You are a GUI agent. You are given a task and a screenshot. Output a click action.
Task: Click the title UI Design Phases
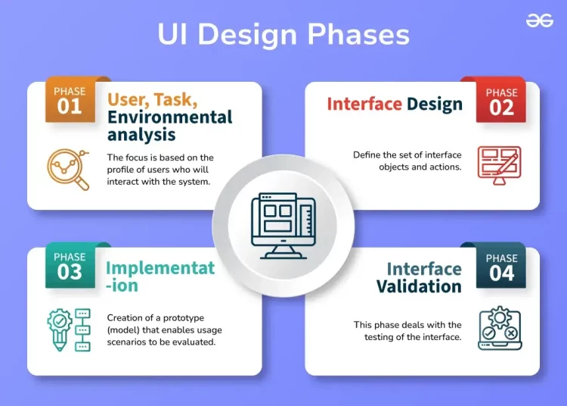pos(283,35)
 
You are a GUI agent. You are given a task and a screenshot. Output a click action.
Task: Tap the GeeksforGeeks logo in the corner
pos(539,21)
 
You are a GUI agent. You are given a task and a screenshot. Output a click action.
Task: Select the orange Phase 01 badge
pos(70,100)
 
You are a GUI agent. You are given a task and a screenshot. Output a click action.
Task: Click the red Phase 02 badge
pos(501,100)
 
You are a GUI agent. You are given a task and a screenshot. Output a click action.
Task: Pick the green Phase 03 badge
pos(70,266)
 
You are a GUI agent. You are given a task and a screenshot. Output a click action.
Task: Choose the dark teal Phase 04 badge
pos(501,266)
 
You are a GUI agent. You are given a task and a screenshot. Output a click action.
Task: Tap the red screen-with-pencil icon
pos(499,162)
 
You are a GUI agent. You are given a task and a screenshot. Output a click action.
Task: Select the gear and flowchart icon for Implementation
pos(69,329)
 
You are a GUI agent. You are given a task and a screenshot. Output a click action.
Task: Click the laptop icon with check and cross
pos(499,328)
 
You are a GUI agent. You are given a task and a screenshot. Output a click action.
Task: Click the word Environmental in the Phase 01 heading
pos(169,117)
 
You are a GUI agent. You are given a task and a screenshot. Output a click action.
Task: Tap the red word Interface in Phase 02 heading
pos(364,104)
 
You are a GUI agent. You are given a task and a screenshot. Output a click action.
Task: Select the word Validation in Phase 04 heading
pos(419,286)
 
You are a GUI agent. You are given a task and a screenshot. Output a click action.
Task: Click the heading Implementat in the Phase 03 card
pos(160,268)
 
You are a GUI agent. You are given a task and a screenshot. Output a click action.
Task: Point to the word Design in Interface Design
pos(434,104)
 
